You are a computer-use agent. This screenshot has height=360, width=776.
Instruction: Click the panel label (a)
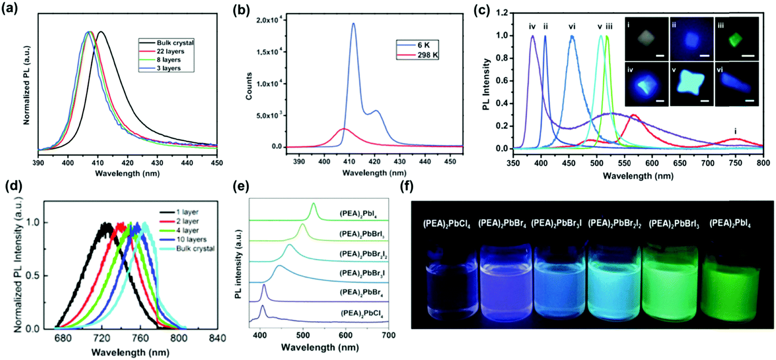tap(11, 9)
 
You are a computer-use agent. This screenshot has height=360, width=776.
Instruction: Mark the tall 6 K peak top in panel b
tap(353, 24)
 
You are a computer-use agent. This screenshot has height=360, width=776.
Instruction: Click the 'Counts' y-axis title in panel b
tap(249, 86)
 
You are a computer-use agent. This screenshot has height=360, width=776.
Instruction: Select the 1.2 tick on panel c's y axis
tap(502, 13)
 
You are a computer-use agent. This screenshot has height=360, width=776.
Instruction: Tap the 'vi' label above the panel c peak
tap(572, 27)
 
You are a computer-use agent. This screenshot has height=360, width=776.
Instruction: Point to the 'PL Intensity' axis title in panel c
tap(486, 84)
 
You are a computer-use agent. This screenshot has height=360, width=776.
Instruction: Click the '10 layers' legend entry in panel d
tap(191, 239)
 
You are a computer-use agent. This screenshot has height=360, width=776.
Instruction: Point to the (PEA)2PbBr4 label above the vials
tap(502, 223)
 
